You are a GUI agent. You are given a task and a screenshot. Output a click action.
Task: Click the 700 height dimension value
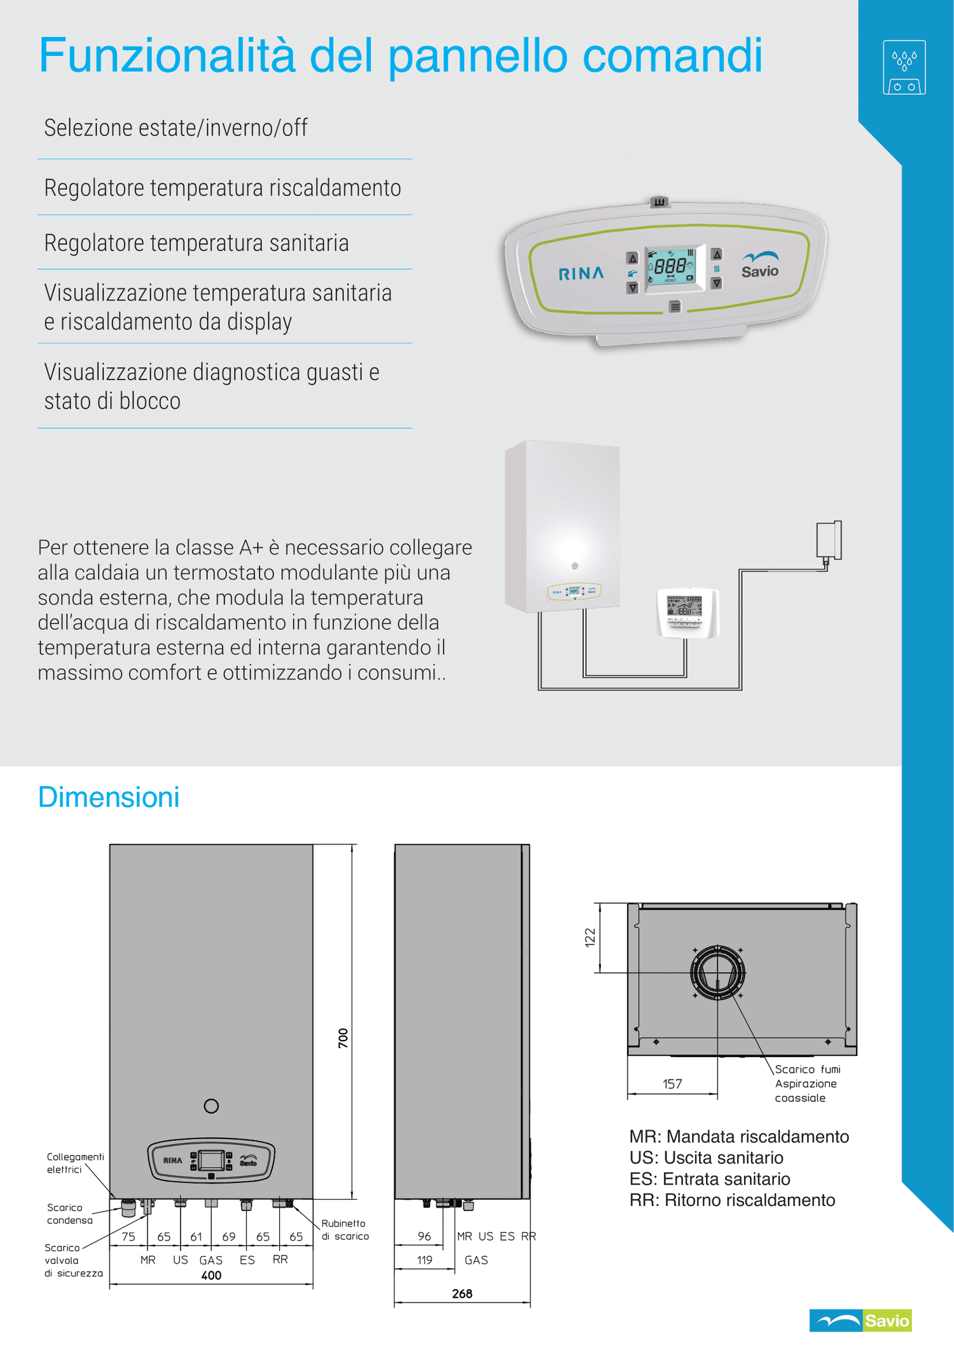[343, 1037]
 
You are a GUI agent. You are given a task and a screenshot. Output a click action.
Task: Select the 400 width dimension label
[211, 1275]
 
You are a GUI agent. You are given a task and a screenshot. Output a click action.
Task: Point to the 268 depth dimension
[462, 1294]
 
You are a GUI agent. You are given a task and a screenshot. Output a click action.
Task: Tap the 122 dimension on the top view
[590, 937]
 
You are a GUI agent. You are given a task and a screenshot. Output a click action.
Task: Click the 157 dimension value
[672, 1084]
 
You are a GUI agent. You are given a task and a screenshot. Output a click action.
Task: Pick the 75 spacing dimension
[128, 1236]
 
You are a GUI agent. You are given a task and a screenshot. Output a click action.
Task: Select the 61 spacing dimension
[196, 1236]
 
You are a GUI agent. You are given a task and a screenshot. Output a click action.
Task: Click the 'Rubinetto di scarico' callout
[345, 1229]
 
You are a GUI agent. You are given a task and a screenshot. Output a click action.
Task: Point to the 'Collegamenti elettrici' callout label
[75, 1163]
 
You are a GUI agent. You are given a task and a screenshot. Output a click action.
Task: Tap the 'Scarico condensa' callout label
[69, 1214]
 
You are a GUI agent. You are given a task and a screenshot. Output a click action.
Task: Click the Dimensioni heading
[109, 797]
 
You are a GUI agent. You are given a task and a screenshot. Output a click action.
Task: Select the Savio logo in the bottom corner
[861, 1320]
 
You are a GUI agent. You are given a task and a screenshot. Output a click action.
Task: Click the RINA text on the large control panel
[581, 273]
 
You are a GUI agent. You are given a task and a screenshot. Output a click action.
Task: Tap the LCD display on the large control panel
[671, 267]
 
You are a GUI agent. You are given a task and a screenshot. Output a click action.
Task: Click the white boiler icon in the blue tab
[904, 67]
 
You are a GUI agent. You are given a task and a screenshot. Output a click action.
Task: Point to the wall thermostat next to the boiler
[687, 612]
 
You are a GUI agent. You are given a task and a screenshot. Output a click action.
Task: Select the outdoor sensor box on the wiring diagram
[829, 540]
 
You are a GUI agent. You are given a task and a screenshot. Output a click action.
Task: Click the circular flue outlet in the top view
[717, 972]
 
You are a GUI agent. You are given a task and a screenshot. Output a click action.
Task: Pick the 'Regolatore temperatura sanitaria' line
[197, 243]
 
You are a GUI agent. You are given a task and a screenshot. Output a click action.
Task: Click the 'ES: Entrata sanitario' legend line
[710, 1179]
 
